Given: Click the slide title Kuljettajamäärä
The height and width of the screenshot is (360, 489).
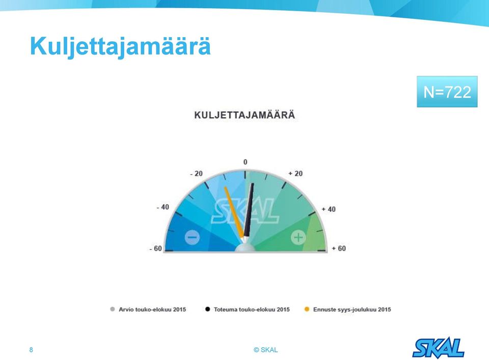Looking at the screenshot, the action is pyautogui.click(x=120, y=47).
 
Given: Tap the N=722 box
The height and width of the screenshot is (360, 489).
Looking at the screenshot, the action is pyautogui.click(x=447, y=92).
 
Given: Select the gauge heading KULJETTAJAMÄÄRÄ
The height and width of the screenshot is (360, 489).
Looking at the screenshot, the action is pyautogui.click(x=244, y=115).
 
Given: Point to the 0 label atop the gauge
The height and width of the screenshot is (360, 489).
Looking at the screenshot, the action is pyautogui.click(x=246, y=162).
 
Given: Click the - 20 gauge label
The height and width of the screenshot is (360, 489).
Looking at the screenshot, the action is pyautogui.click(x=197, y=174).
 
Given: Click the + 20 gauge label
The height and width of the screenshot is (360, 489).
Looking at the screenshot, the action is pyautogui.click(x=295, y=174).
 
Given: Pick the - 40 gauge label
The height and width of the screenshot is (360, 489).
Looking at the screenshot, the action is pyautogui.click(x=163, y=207).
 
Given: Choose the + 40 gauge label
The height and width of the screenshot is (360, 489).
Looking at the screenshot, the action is pyautogui.click(x=329, y=209).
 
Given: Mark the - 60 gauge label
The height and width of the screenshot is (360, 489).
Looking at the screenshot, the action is pyautogui.click(x=156, y=248).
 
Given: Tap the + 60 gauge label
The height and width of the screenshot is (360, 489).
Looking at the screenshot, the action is pyautogui.click(x=339, y=248).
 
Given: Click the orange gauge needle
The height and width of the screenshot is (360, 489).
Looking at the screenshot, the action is pyautogui.click(x=234, y=212).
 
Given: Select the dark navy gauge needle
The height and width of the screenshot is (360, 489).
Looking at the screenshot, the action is pyautogui.click(x=249, y=210).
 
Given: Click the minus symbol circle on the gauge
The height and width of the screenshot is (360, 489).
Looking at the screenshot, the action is pyautogui.click(x=192, y=237).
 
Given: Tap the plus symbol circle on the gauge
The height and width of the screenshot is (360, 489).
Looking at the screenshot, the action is pyautogui.click(x=298, y=237).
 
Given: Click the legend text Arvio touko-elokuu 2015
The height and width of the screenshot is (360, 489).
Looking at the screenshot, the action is pyautogui.click(x=152, y=310).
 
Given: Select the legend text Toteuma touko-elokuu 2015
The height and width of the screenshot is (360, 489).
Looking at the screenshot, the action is pyautogui.click(x=252, y=310).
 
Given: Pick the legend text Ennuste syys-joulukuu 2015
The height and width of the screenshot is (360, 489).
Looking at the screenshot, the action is pyautogui.click(x=352, y=310).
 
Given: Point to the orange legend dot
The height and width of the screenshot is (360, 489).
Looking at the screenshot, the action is pyautogui.click(x=307, y=309).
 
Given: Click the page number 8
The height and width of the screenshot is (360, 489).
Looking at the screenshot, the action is pyautogui.click(x=31, y=350).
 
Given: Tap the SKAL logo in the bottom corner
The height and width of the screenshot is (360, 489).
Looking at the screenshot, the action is pyautogui.click(x=439, y=348).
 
